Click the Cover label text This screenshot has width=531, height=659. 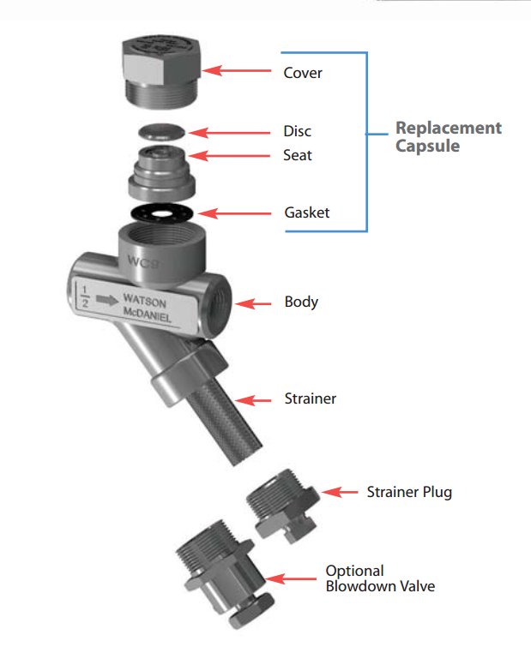click(x=303, y=73)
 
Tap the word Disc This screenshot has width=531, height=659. click(x=297, y=132)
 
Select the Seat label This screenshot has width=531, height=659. click(x=298, y=156)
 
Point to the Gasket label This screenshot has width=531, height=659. click(x=306, y=213)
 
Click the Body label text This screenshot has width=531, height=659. click(x=301, y=303)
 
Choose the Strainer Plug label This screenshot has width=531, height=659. click(x=408, y=492)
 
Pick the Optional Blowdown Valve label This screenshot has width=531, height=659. click(x=379, y=578)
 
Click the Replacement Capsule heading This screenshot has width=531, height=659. click(x=448, y=136)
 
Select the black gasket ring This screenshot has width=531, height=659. click(x=161, y=211)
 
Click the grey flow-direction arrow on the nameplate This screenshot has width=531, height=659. click(x=106, y=300)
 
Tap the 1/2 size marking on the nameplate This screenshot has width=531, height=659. click(x=84, y=295)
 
